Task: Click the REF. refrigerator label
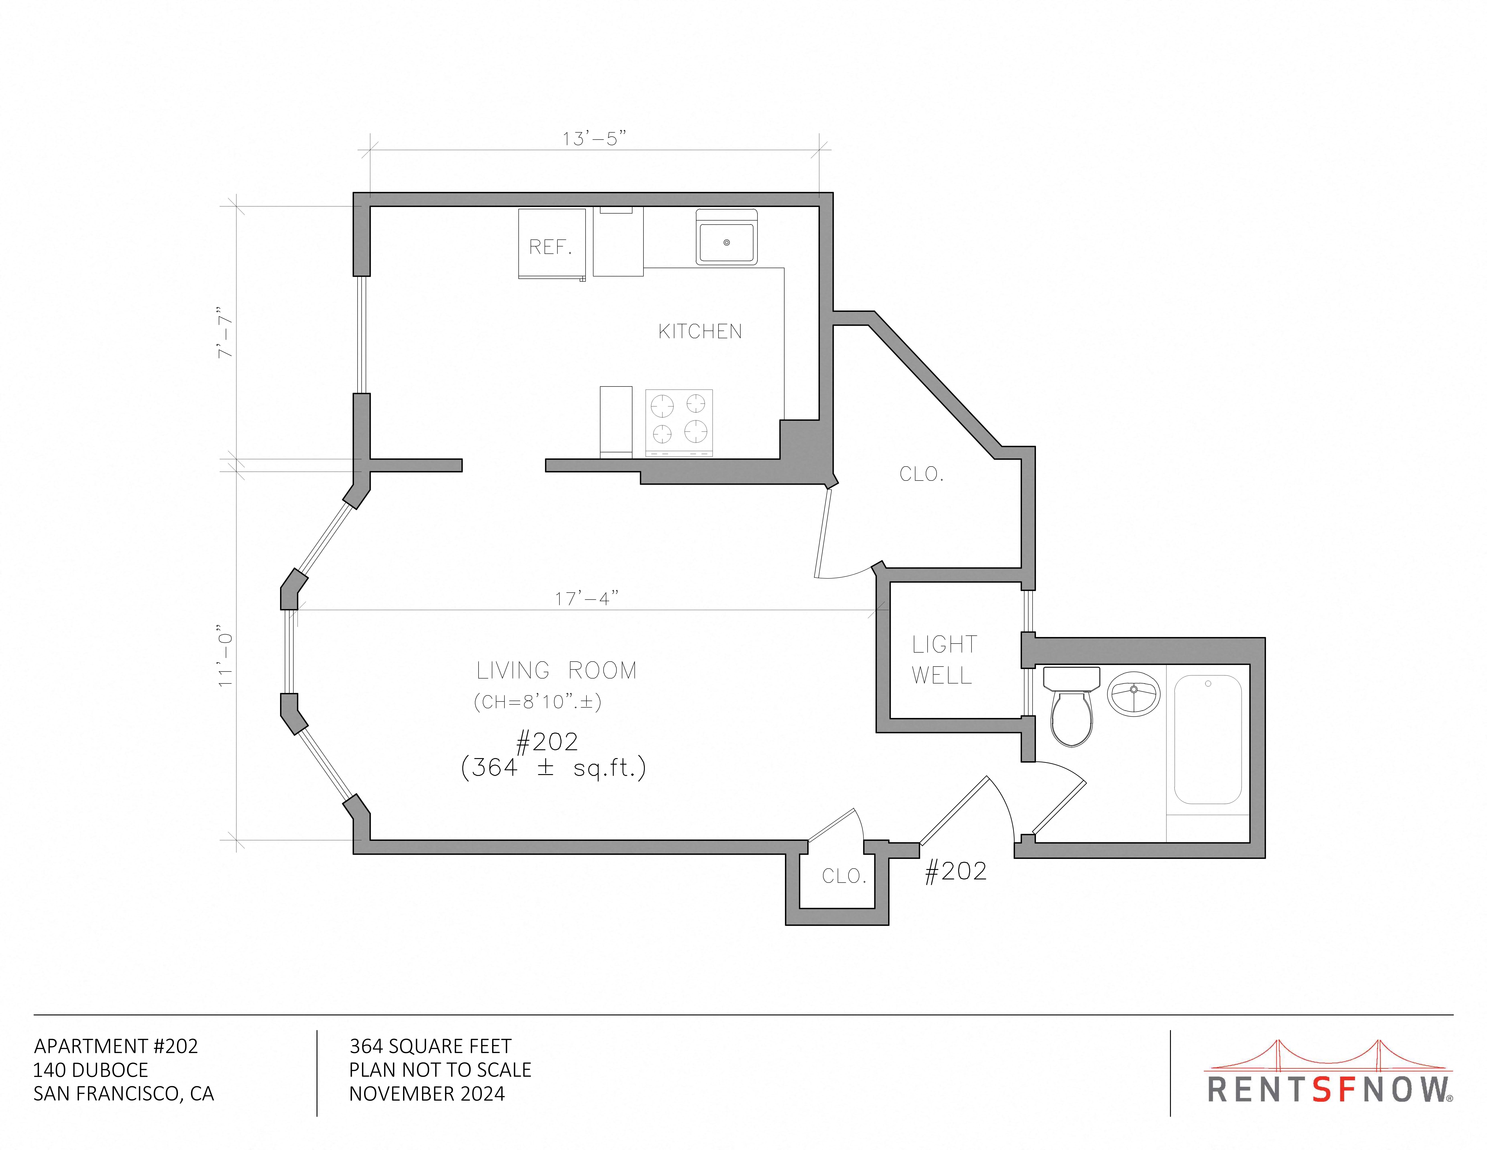(x=550, y=247)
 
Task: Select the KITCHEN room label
(x=700, y=332)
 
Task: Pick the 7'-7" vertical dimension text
(x=225, y=332)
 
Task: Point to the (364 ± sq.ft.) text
(x=553, y=768)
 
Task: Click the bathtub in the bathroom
(x=1208, y=740)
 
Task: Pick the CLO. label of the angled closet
(x=921, y=474)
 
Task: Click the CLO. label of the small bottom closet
(x=844, y=876)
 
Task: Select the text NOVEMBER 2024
(x=427, y=1094)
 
